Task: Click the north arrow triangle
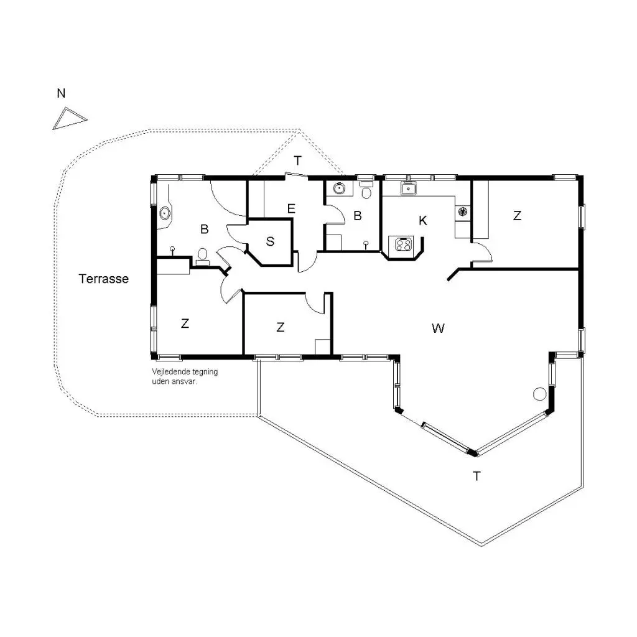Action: [69, 119]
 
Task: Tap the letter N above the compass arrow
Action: [61, 93]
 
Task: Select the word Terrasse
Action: [104, 279]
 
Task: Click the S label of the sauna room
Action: [270, 241]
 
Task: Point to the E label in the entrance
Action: [291, 209]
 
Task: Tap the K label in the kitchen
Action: [423, 221]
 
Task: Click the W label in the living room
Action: [438, 328]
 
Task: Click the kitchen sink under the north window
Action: [408, 188]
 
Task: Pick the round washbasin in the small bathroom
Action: [339, 188]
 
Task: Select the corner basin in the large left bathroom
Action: [164, 213]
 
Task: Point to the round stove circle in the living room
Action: [539, 394]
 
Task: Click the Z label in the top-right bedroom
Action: [517, 215]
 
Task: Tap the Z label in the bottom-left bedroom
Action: [185, 323]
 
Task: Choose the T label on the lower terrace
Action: [477, 476]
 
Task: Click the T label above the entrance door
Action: [298, 161]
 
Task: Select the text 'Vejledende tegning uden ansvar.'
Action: [185, 376]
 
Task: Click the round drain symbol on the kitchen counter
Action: [463, 212]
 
